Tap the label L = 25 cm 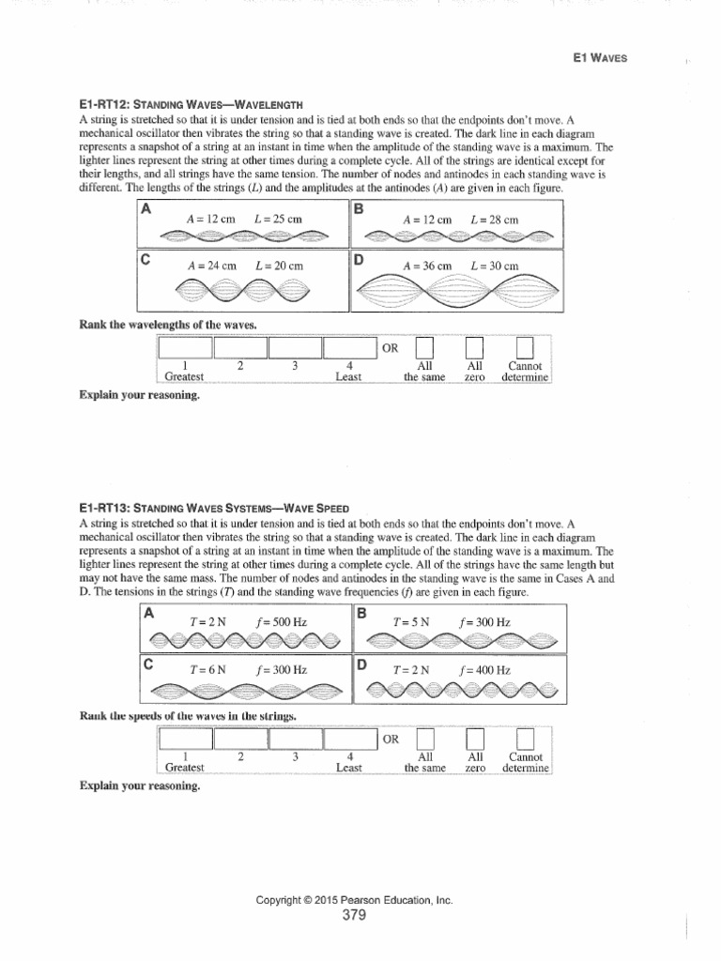[279, 219]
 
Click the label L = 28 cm [494, 219]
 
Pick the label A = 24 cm [210, 266]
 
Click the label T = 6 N [207, 670]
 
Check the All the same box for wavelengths [424, 347]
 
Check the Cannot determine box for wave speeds [526, 740]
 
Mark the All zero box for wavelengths [474, 347]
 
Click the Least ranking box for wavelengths [349, 347]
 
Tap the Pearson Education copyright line [354, 900]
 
